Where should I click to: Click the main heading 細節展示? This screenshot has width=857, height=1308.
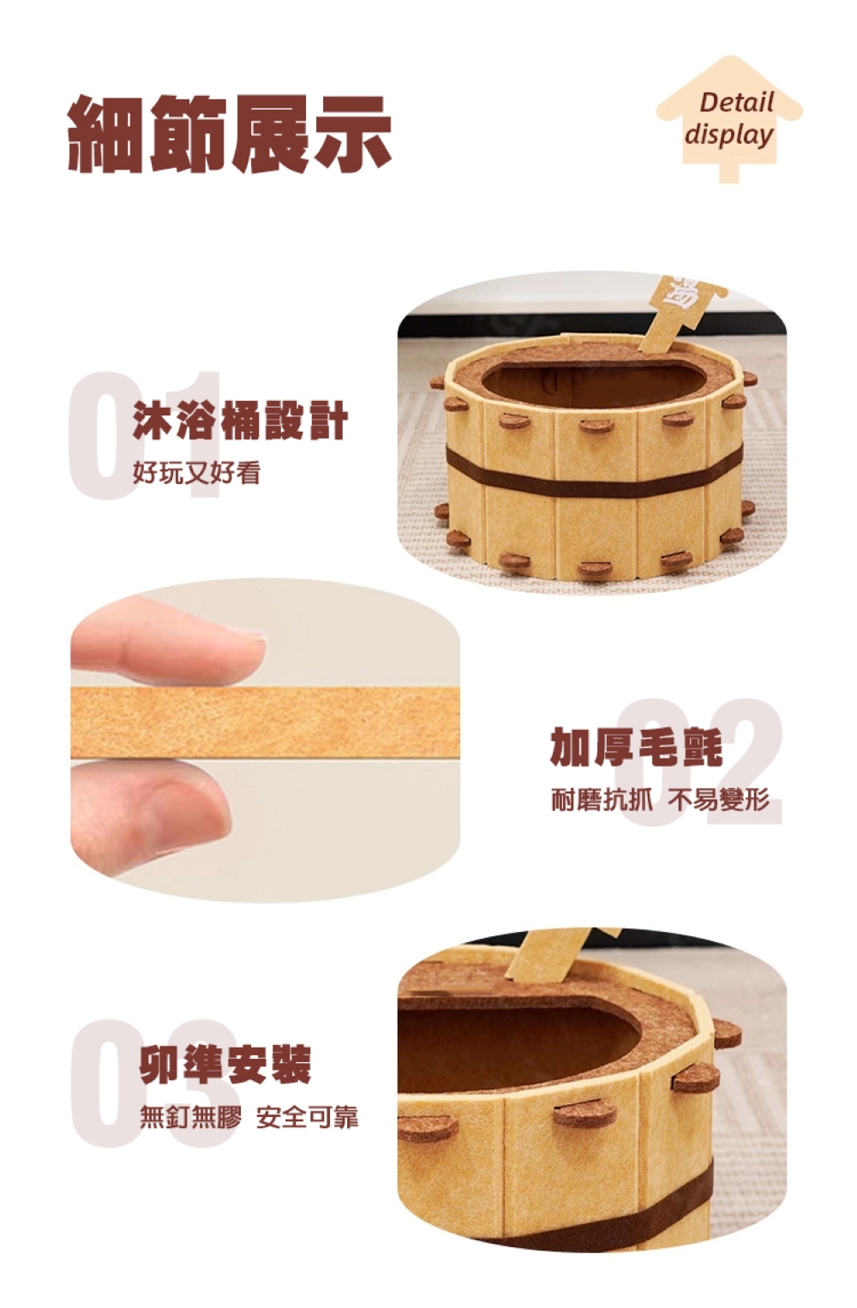tap(230, 134)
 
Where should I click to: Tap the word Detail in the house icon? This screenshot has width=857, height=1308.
tap(736, 103)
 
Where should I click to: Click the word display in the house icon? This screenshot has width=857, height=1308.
tap(728, 134)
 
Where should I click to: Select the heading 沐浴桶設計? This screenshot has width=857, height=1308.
tap(240, 421)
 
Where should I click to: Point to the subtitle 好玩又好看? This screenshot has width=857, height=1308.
tap(196, 472)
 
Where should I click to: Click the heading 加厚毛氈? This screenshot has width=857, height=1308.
tap(637, 747)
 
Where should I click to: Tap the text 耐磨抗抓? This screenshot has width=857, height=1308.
tap(602, 799)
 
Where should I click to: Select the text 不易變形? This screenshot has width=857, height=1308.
tap(718, 799)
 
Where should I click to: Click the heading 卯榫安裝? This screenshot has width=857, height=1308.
tap(225, 1065)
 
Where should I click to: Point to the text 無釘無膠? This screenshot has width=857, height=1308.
tap(190, 1117)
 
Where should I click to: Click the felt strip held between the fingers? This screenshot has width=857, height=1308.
tap(265, 722)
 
